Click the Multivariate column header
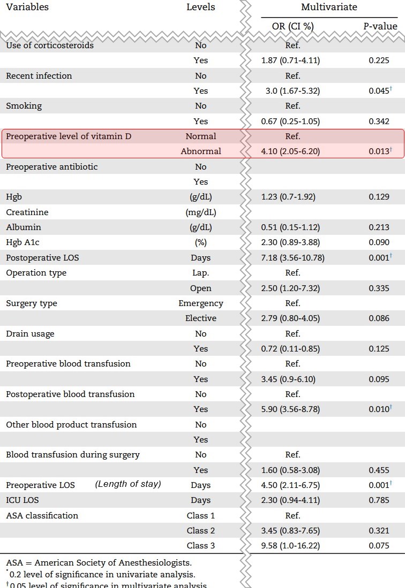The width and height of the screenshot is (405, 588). click(329, 7)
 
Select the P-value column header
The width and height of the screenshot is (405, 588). click(380, 26)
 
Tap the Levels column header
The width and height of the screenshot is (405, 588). click(201, 7)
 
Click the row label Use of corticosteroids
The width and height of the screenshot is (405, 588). click(50, 45)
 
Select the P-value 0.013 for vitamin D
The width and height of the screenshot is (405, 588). click(379, 151)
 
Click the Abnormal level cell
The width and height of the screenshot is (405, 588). click(201, 151)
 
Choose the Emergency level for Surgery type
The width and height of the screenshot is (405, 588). click(201, 303)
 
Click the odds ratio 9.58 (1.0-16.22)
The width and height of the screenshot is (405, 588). click(292, 546)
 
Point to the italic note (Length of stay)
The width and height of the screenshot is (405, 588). click(128, 485)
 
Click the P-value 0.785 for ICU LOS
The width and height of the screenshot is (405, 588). click(379, 500)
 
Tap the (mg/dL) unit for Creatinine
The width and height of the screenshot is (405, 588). click(201, 212)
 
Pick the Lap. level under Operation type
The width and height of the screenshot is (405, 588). click(201, 273)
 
